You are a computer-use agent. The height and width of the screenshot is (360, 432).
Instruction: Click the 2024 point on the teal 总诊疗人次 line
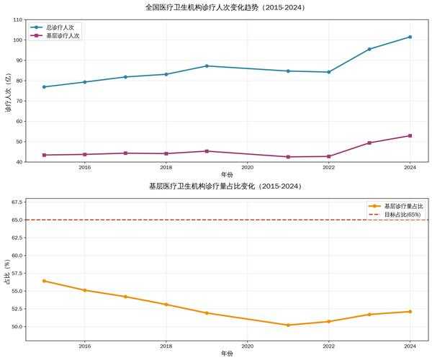point(410,37)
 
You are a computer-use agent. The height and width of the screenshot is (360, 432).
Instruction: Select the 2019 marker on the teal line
point(207,66)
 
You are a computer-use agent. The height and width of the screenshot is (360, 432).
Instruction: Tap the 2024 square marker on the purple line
point(410,135)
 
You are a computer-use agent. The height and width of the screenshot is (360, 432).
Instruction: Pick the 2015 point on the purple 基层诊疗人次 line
point(44,155)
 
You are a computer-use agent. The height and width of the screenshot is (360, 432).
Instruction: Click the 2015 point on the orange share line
point(44,281)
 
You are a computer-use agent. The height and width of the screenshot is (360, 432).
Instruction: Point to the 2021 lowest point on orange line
point(288,325)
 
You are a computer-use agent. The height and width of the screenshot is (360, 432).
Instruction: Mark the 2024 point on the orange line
point(410,312)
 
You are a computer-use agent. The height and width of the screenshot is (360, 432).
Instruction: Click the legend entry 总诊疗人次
point(63,27)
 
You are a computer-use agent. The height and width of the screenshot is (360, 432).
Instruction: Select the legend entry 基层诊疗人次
point(63,35)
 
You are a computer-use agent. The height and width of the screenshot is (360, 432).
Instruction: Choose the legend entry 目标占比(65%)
point(402,214)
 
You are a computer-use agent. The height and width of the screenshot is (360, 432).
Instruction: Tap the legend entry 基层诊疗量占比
point(402,205)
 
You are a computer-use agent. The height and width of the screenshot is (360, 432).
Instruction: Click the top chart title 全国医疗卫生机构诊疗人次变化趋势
point(225,7)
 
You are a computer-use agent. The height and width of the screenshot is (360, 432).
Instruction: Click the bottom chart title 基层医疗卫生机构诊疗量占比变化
point(225,186)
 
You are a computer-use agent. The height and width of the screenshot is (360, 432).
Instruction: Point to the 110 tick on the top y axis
point(17,19)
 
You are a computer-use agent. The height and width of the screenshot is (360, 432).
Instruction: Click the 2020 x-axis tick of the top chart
point(247,167)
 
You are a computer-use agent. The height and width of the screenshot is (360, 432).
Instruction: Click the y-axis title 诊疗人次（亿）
point(8,91)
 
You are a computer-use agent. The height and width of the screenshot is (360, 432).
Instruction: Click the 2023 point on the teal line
point(369,49)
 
